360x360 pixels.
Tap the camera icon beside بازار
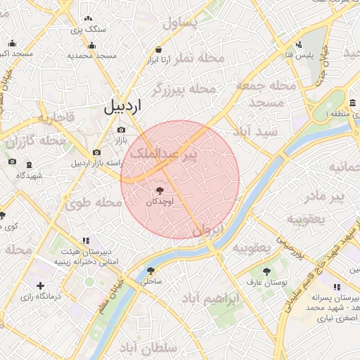tap(122, 129)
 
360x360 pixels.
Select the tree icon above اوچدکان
tap(159, 190)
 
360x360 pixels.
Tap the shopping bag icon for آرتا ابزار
tap(159, 50)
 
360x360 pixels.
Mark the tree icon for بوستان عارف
tap(266, 270)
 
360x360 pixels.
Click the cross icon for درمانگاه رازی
tap(40, 285)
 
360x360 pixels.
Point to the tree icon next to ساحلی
tap(150, 270)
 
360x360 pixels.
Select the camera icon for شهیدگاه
tap(12, 162)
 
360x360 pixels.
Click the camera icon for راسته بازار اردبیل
tap(96, 153)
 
